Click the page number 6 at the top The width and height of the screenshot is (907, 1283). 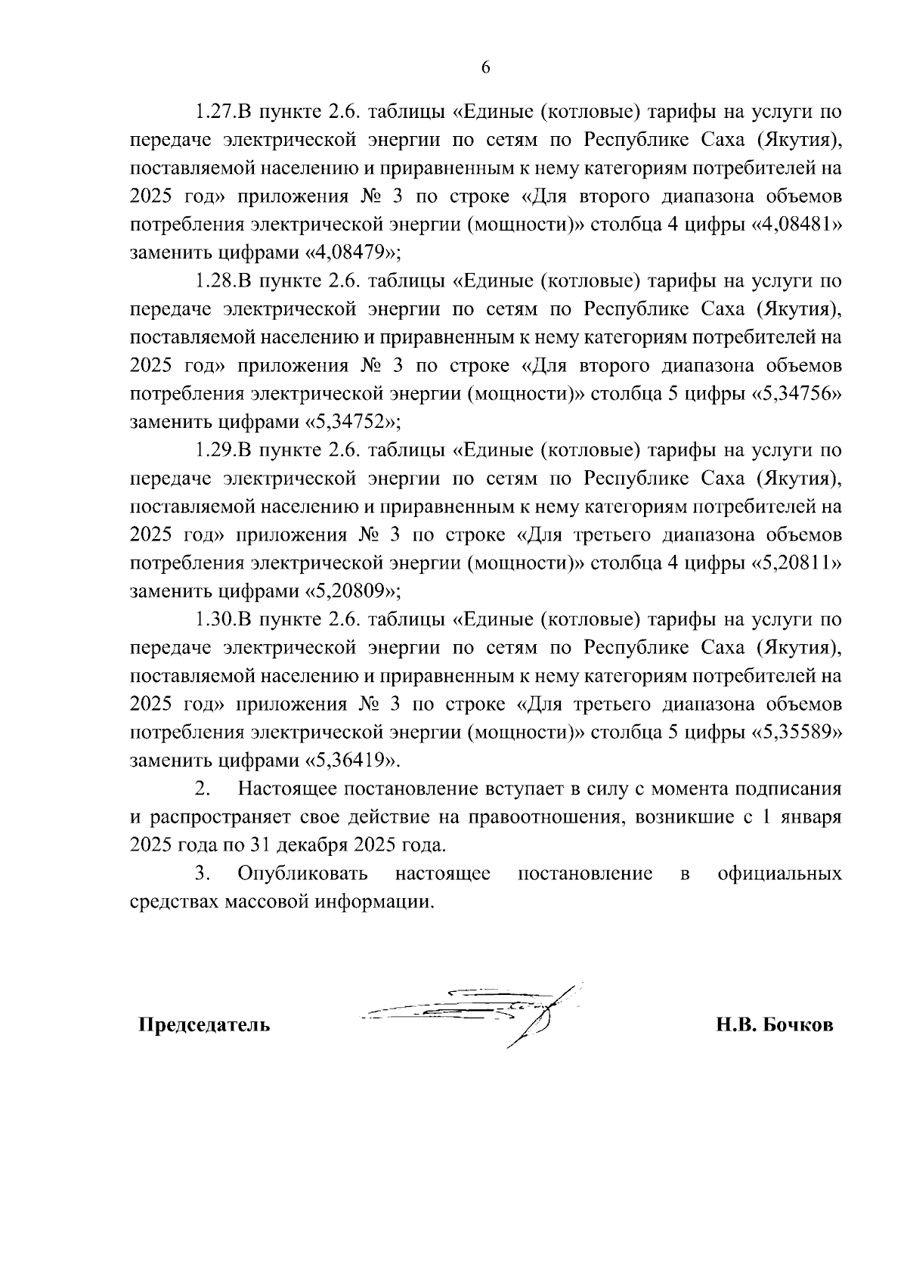(x=485, y=67)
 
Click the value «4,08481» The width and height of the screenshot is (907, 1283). (x=797, y=225)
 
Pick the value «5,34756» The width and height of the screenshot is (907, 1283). (x=797, y=394)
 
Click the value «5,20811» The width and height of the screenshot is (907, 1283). (x=797, y=563)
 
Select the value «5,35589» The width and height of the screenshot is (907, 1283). (x=797, y=733)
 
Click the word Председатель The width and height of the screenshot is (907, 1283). (x=203, y=1026)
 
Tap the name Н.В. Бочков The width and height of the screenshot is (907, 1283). (x=775, y=1026)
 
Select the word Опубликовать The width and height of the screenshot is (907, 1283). (x=302, y=874)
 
